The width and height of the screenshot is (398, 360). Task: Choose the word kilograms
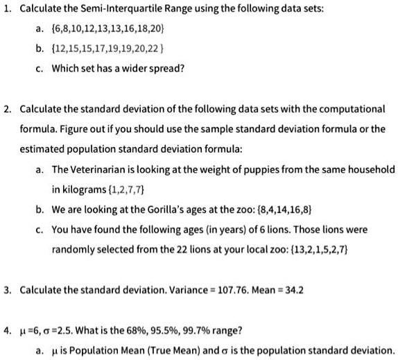[81, 189]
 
